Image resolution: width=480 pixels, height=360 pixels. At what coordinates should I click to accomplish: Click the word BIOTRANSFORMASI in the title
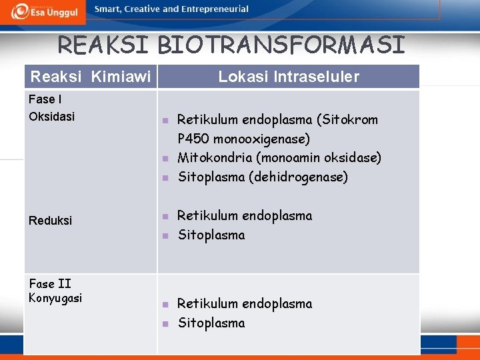[x=281, y=45]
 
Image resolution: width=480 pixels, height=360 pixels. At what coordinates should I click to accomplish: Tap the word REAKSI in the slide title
[x=105, y=45]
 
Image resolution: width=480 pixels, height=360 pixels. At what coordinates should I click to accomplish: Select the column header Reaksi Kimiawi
[x=91, y=77]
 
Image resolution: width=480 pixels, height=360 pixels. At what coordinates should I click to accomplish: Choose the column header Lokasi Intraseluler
[x=289, y=77]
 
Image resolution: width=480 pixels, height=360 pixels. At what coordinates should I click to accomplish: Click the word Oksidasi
[x=52, y=116]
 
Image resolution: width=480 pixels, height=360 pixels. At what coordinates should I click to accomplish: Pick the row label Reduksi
[x=51, y=220]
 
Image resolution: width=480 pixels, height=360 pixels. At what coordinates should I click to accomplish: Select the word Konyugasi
[x=55, y=298]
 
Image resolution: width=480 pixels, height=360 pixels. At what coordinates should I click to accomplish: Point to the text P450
[x=193, y=139]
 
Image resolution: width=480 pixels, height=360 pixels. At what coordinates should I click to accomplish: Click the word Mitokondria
[x=213, y=158]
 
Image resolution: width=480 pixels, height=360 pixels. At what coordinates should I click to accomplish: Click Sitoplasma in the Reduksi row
[x=211, y=235]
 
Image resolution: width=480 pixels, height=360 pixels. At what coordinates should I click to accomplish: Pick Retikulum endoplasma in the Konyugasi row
[x=245, y=304]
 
